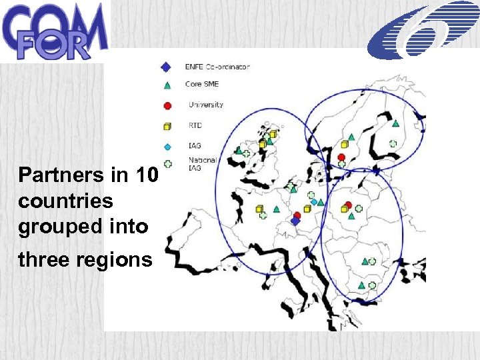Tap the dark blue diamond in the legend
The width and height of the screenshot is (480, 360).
167,67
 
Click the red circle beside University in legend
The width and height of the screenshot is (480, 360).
167,105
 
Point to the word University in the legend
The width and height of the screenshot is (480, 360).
206,105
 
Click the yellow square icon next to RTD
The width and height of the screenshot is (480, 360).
167,125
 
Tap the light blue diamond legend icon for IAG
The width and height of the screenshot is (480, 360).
167,146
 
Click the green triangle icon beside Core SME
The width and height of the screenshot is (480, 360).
167,85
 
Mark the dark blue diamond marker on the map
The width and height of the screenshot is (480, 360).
295,221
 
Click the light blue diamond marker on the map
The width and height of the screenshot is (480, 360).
313,201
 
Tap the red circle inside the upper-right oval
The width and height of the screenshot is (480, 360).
341,157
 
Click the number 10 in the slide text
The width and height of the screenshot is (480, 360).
147,175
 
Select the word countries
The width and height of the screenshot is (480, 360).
66,201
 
